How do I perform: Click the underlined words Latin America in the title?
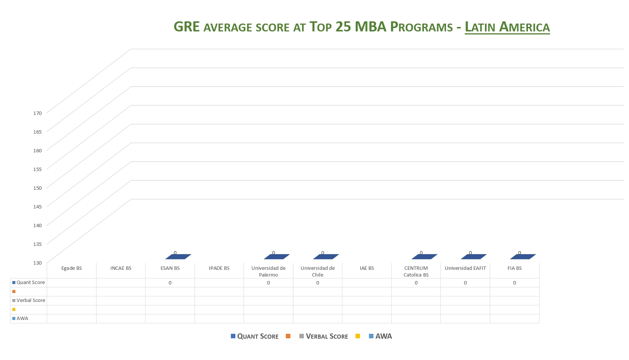coord(507,27)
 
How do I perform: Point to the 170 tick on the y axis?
coord(37,113)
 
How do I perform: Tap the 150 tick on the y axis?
coord(37,188)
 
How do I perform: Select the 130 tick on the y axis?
coord(37,263)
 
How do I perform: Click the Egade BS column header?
coord(71,268)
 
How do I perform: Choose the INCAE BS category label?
coord(121,268)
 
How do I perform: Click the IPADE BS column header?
coord(219,268)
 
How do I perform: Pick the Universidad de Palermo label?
coord(268,271)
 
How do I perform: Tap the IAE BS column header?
coord(367,268)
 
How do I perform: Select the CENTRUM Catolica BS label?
coord(416,271)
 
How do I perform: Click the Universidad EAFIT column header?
coord(465,268)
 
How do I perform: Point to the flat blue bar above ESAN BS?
coord(178,257)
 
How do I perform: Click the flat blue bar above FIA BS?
coord(523,257)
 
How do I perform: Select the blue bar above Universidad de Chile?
coord(326,257)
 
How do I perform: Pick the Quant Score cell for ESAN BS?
coord(170,283)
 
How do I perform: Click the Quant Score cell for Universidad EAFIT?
coord(465,283)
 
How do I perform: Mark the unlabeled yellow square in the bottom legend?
coord(358,336)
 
